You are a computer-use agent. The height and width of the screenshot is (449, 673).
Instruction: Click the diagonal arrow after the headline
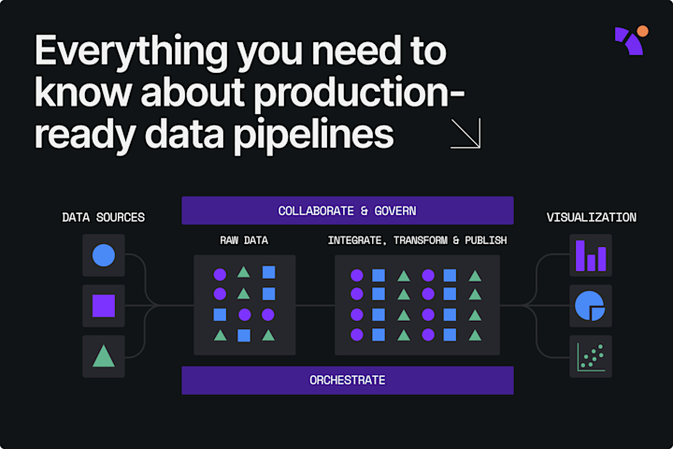(465, 134)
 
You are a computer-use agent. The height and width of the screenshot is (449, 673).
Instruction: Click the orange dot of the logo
(642, 31)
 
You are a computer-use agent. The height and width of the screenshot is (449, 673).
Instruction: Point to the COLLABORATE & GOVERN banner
(347, 210)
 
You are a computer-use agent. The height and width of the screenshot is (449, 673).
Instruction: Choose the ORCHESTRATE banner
(347, 380)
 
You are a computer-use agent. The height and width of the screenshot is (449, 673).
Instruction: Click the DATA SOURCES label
(103, 218)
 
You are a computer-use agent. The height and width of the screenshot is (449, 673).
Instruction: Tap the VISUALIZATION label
(591, 218)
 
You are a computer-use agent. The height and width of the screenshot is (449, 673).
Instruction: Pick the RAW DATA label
(244, 241)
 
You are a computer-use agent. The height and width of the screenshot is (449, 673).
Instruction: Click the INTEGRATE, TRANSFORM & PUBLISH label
(417, 241)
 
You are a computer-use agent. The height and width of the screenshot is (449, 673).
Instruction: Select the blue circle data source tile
(104, 255)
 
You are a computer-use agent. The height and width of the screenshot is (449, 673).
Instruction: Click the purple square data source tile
(104, 306)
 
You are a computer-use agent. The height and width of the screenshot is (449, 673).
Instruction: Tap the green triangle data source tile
(104, 356)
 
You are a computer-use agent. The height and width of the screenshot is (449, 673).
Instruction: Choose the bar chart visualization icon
(591, 255)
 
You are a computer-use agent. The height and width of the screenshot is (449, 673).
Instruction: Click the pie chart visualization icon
(591, 306)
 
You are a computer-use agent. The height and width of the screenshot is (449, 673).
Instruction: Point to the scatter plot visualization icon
(591, 356)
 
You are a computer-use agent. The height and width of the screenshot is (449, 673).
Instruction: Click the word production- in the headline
(365, 93)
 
